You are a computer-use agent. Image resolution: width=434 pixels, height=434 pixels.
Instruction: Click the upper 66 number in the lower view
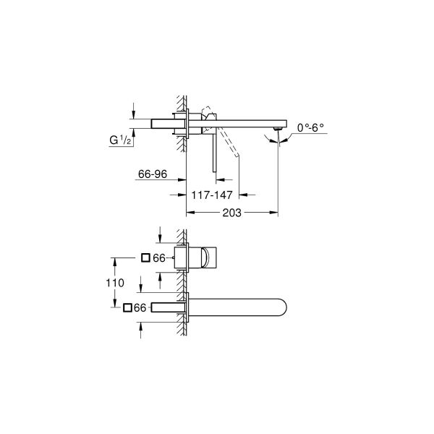click(160, 258)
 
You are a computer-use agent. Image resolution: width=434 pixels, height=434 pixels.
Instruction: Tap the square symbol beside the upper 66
click(145, 258)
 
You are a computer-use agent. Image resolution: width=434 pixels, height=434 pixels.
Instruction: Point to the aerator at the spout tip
click(276, 130)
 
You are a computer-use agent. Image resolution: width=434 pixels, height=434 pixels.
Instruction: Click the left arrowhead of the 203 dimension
click(190, 213)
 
